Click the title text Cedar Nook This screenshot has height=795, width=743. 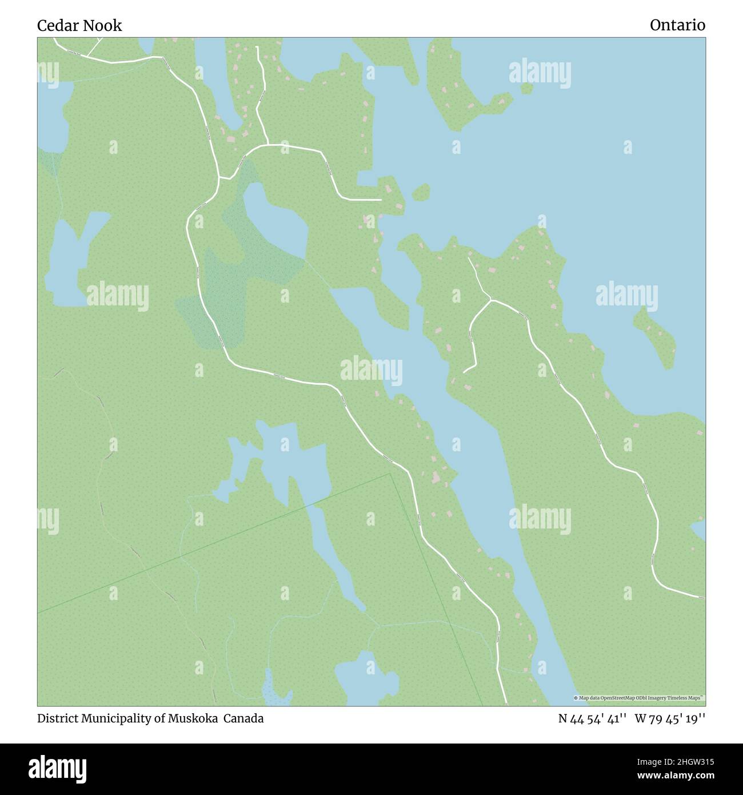pos(79,25)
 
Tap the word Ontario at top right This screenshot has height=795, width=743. pos(677,25)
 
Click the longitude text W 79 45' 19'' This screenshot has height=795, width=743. pos(670,718)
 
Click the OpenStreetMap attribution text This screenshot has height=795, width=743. pos(639,698)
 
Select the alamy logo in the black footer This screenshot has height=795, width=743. pos(57,768)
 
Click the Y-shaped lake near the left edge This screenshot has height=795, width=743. pos(71,257)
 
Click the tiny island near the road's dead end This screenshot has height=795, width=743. pos(421,192)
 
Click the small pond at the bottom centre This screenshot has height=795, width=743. pos(366,678)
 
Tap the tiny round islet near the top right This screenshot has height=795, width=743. pos(526,89)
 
